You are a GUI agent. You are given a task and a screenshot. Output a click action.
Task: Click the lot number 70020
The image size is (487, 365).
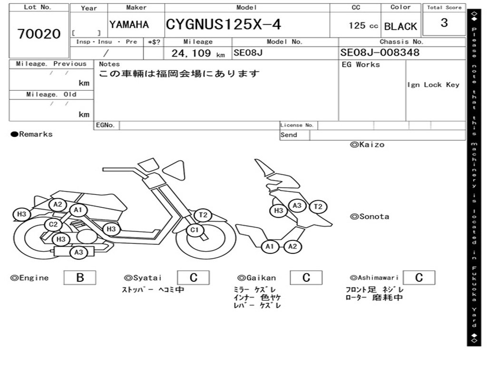pos(39,34)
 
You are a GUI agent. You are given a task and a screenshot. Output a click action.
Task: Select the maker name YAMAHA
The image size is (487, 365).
pos(129,25)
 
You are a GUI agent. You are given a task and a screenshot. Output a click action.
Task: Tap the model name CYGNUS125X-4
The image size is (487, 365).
pos(224,25)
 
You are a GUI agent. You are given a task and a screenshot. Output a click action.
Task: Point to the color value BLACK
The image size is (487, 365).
pos(400,27)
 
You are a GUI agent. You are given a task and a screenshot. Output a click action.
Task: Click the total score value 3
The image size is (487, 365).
pos(444,23)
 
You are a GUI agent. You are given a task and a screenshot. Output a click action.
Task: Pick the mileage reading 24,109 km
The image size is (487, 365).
pos(198,53)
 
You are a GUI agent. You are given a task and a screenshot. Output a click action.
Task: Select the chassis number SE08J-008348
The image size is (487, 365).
pos(380,52)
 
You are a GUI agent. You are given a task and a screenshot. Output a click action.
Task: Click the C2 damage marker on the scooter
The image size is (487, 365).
pos(53,224)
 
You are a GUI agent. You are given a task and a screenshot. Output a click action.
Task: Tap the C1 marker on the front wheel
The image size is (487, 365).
pos(195,230)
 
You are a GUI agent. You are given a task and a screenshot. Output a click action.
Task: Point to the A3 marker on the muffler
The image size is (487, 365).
pos(78,252)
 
